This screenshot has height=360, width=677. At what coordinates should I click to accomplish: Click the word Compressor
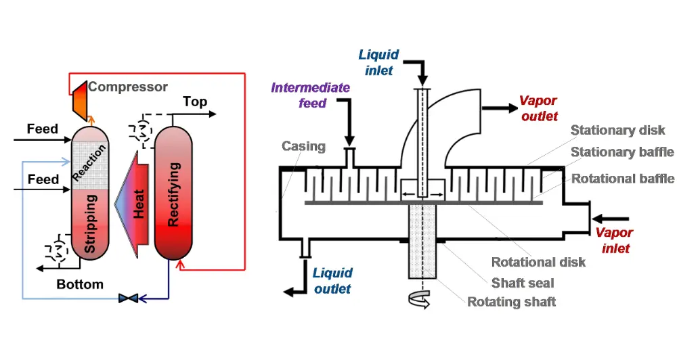128,87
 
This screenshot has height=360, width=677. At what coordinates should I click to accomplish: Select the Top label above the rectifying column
195,102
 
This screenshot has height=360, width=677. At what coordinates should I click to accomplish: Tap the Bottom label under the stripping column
80,284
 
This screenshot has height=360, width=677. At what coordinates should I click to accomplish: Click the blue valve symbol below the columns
128,298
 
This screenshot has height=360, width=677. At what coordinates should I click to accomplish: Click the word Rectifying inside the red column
174,194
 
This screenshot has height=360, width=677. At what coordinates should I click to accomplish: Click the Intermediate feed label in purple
311,95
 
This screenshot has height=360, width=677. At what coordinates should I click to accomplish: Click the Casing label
304,146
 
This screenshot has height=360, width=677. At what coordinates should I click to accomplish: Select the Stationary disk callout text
617,130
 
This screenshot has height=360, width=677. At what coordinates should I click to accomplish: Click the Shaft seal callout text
523,283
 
